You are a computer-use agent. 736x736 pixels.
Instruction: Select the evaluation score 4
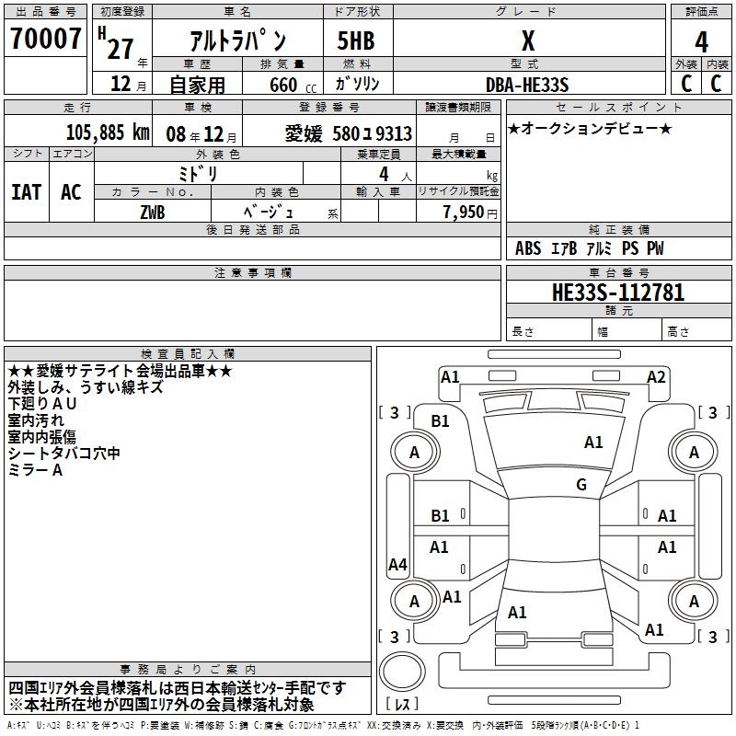click(x=702, y=42)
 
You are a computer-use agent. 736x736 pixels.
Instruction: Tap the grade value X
click(x=527, y=41)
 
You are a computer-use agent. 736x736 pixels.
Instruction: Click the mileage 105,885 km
click(x=108, y=132)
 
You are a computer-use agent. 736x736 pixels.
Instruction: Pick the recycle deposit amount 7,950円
click(x=470, y=213)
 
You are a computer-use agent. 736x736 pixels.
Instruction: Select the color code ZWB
click(x=153, y=213)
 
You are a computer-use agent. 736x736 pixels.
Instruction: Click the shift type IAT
click(x=26, y=192)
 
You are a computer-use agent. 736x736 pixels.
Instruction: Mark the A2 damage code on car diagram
click(x=656, y=376)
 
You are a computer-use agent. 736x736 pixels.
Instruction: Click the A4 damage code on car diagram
click(x=397, y=564)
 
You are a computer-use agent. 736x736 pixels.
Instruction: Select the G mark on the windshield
click(x=581, y=484)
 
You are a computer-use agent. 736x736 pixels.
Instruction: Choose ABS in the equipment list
click(x=528, y=248)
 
